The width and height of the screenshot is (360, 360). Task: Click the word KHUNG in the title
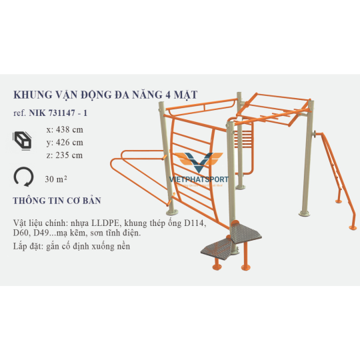tap(33, 95)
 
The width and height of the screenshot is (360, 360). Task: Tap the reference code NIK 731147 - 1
tap(58, 113)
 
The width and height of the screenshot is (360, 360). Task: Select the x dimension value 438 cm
tap(69, 130)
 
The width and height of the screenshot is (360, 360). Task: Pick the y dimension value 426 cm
tap(69, 143)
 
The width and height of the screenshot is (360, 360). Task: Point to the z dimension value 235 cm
tap(69, 155)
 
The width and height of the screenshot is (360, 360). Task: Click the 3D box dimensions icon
tap(22, 141)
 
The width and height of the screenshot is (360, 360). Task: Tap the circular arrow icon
tap(23, 177)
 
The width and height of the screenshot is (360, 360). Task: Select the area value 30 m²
tap(56, 179)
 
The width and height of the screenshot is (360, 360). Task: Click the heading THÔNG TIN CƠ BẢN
tap(57, 201)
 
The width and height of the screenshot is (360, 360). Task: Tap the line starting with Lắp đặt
tap(71, 247)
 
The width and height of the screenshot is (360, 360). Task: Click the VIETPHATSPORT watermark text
tap(199, 179)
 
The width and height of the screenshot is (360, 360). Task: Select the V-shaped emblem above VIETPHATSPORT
tap(199, 162)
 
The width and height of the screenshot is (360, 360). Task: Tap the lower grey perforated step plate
tap(217, 249)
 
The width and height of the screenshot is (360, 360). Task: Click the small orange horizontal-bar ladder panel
tap(243, 137)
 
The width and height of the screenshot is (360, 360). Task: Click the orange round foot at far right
tap(353, 227)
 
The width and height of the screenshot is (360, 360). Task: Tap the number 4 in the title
tap(168, 95)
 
